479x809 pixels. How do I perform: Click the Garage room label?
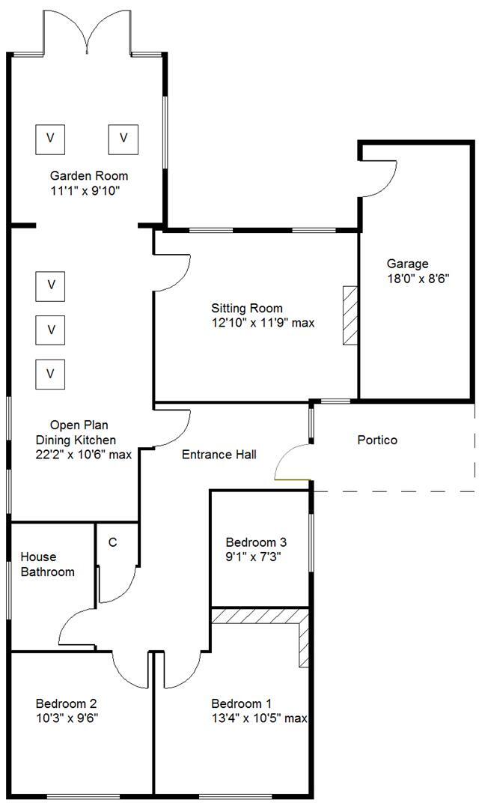(x=407, y=264)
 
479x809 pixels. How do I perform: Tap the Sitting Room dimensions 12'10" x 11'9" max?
(x=262, y=324)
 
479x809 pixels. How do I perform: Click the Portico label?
(x=377, y=440)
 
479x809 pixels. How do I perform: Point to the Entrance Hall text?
(x=219, y=454)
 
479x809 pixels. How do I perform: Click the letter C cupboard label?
(x=112, y=542)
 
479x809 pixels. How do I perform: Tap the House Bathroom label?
(x=47, y=565)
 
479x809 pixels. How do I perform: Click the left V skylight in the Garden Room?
(x=50, y=138)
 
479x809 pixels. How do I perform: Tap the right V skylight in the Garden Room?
(x=124, y=138)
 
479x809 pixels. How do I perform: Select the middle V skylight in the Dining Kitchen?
(x=51, y=329)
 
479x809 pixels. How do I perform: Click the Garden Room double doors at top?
(x=88, y=34)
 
